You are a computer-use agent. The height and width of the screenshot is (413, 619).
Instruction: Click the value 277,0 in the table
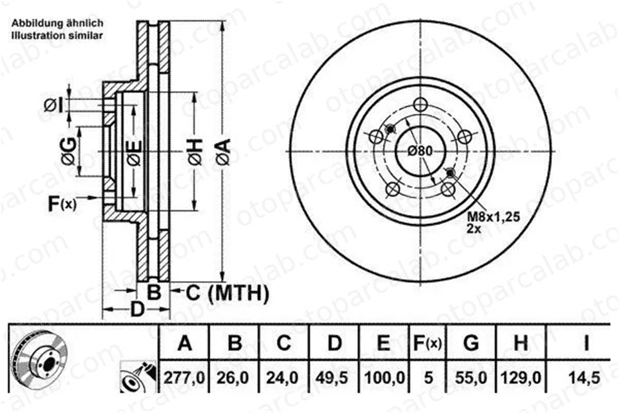click(184, 378)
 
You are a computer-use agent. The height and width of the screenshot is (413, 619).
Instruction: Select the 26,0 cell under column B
click(233, 378)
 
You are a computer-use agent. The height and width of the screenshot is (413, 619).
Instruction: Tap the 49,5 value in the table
click(331, 378)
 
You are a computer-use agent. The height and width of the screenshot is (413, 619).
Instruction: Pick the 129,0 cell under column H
click(521, 378)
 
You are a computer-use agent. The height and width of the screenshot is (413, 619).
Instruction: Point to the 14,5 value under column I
click(584, 378)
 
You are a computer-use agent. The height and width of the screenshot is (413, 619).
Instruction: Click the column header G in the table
click(471, 343)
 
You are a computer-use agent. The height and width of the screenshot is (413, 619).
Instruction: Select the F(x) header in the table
click(427, 343)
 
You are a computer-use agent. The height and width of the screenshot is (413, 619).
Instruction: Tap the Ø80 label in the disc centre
click(420, 151)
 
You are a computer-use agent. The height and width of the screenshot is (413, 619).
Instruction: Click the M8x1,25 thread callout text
click(493, 217)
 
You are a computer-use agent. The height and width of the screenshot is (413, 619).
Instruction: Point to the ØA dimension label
click(224, 152)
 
